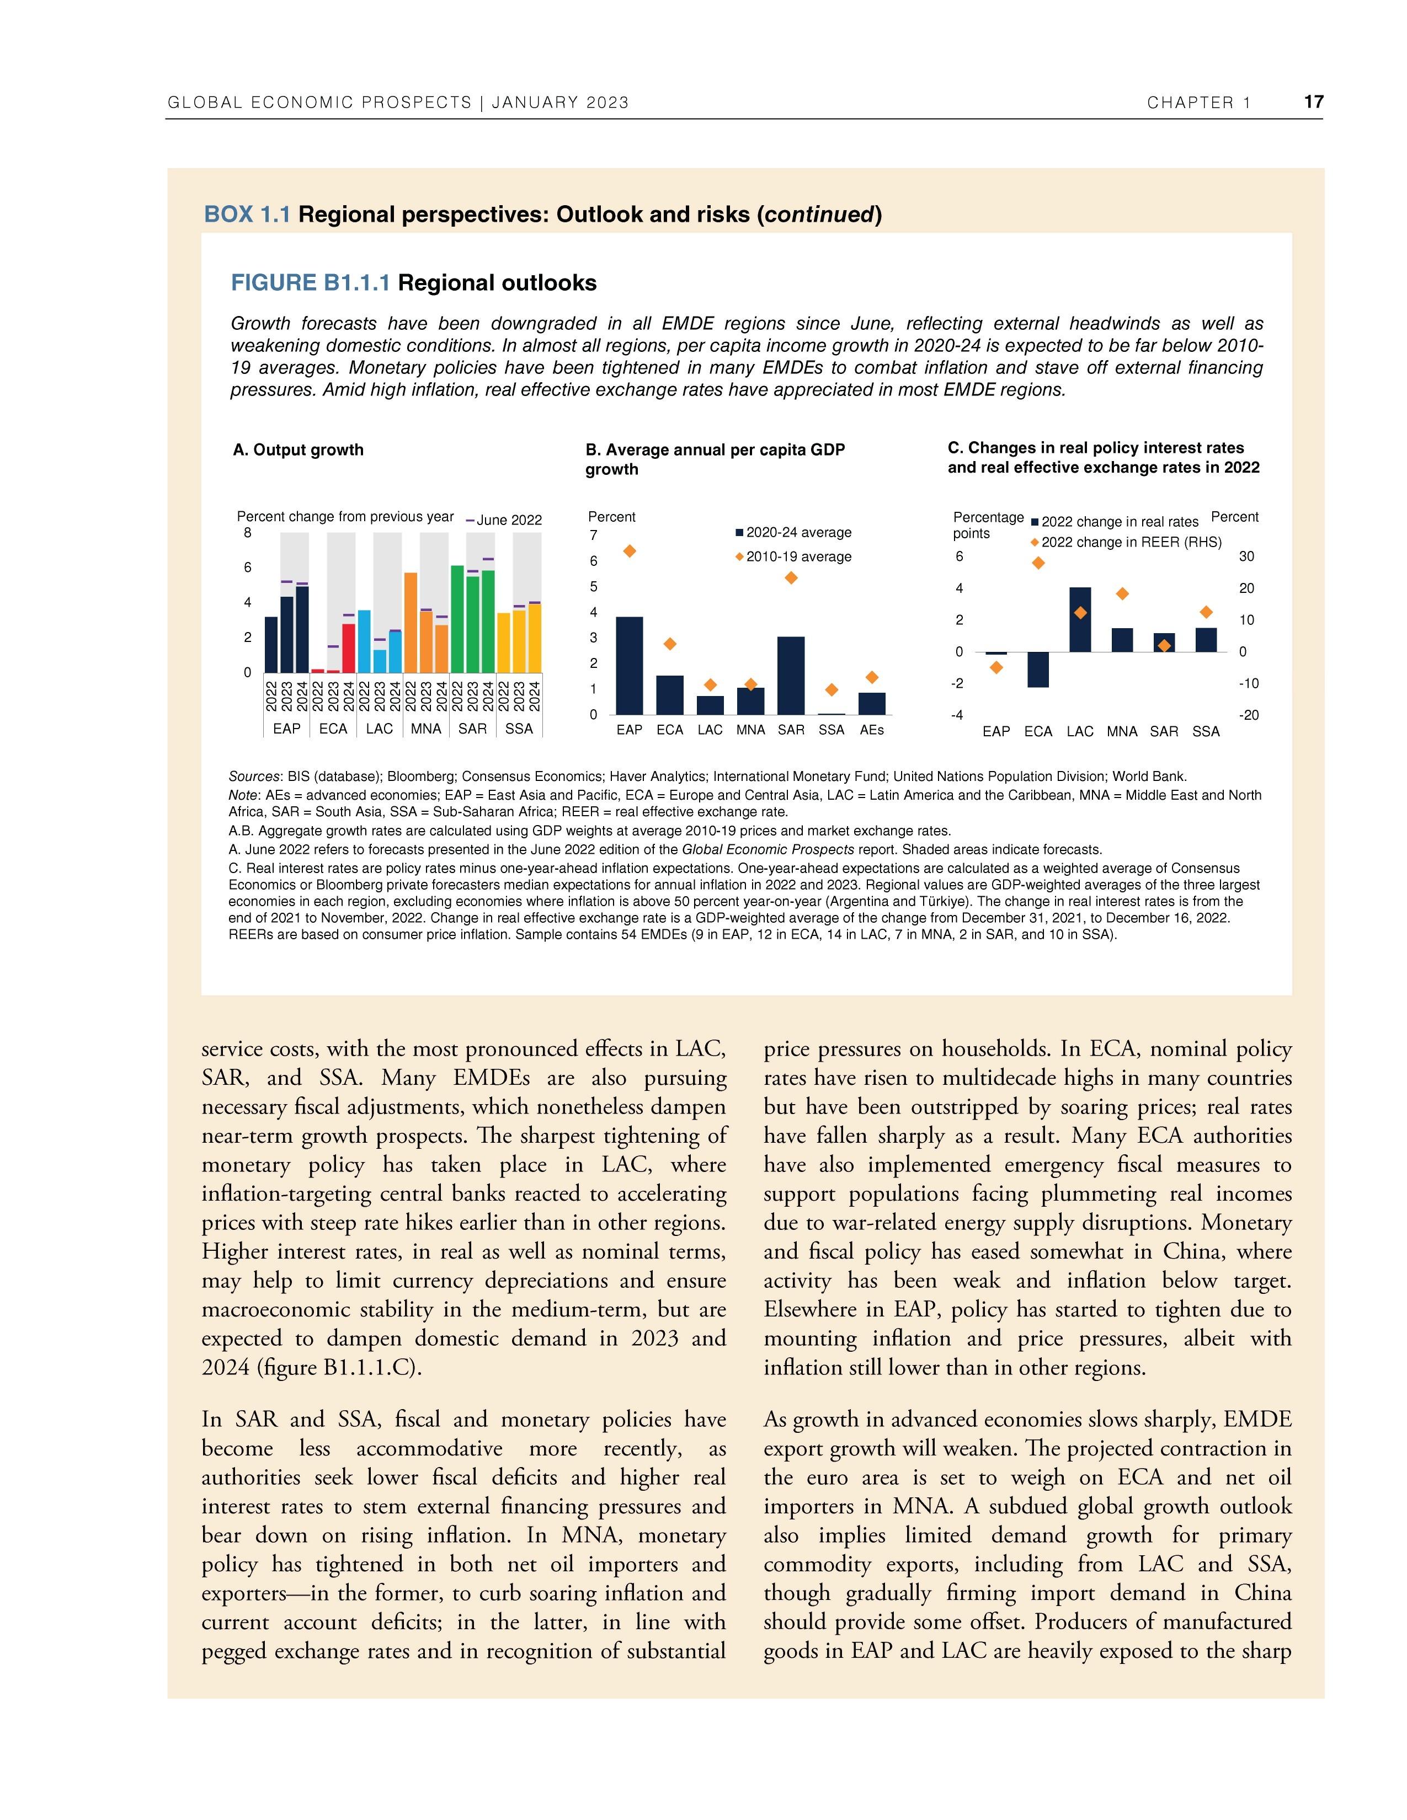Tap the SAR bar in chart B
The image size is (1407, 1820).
pos(791,676)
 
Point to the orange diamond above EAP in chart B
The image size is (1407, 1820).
pos(630,551)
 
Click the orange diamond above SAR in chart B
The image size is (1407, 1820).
pos(791,577)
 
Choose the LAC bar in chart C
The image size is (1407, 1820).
pos(1080,620)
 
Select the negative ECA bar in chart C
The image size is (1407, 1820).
pos(1038,669)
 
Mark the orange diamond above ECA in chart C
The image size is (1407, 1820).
pos(1038,563)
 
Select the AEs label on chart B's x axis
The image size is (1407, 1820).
pos(871,730)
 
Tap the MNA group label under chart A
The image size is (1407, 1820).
pos(426,729)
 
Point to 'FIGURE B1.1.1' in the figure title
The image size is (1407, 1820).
pos(310,283)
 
